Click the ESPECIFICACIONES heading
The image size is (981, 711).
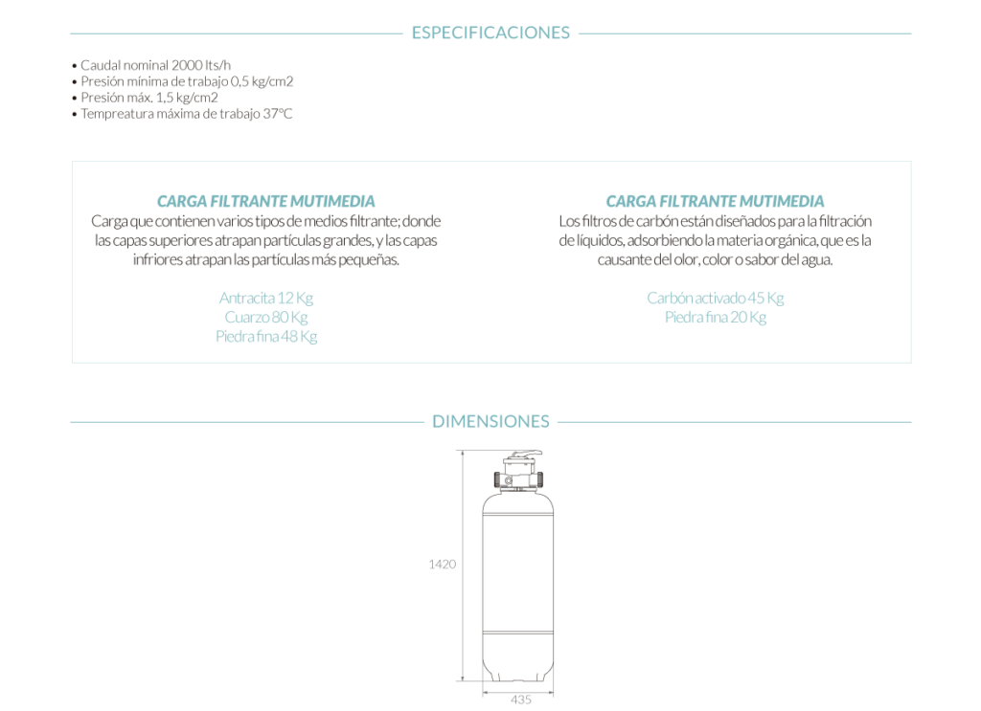[490, 33]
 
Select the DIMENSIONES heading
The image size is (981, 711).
[490, 421]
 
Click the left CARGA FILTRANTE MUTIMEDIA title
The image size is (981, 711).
[265, 201]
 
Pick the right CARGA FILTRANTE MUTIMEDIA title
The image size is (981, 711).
[715, 201]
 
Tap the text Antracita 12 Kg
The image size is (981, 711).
[266, 298]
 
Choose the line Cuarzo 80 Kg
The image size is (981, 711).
[266, 317]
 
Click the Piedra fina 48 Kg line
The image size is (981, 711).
[266, 336]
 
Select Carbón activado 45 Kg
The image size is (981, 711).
[715, 298]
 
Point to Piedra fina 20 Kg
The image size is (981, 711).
[715, 317]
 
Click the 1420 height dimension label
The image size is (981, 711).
[442, 564]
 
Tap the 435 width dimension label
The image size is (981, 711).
[520, 700]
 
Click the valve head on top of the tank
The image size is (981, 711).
[519, 471]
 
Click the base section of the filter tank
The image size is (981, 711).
[519, 655]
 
